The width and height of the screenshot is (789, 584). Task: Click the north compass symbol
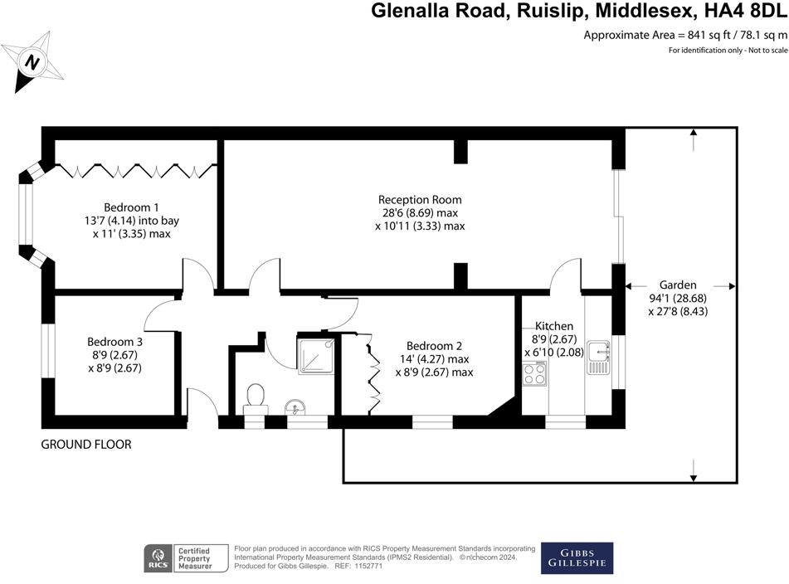click(32, 61)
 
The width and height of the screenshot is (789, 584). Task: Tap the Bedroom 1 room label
click(131, 207)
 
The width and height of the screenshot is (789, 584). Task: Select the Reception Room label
click(420, 200)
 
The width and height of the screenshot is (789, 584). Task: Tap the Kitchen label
click(554, 326)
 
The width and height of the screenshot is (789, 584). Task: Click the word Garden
click(678, 285)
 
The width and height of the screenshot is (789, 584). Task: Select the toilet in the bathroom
click(256, 397)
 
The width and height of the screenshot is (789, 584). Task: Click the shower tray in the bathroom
click(315, 356)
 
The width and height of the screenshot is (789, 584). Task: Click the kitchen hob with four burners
click(535, 374)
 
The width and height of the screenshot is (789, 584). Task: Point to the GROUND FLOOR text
click(86, 445)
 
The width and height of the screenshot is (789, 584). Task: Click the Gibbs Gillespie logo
click(577, 557)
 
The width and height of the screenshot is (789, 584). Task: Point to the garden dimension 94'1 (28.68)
click(678, 298)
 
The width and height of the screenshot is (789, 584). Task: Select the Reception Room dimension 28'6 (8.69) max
click(420, 213)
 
